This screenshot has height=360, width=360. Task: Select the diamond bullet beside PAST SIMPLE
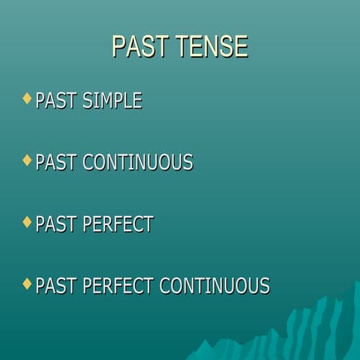coord(28,98)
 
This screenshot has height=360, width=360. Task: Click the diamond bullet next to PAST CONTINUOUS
coord(28,160)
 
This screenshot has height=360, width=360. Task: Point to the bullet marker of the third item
coord(28,222)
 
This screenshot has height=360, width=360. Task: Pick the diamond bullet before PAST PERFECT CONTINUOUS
coord(28,283)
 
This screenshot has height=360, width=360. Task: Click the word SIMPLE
coord(112,100)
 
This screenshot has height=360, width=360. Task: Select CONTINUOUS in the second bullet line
coord(138,163)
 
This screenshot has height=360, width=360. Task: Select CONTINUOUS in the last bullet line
coord(214,286)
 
